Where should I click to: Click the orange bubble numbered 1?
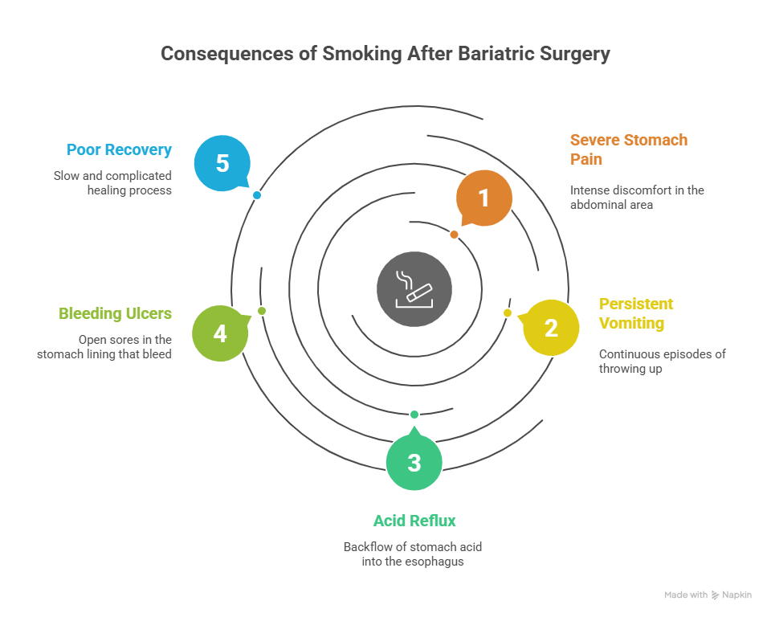click(483, 198)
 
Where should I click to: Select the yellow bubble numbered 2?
click(551, 327)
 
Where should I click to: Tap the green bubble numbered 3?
click(414, 462)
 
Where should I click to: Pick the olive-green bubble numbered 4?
click(219, 333)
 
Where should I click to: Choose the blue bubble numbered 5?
click(222, 163)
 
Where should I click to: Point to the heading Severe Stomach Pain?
click(628, 149)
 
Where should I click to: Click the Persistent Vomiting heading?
click(636, 313)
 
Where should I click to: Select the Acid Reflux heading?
click(414, 521)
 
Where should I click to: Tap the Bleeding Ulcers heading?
click(115, 313)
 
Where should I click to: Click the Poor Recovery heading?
click(119, 149)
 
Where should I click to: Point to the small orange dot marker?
click(454, 235)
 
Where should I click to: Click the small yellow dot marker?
click(508, 313)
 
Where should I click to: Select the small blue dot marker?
click(257, 195)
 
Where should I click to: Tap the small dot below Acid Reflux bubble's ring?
click(414, 415)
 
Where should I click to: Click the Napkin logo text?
click(736, 595)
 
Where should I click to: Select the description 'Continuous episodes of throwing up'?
click(662, 362)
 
